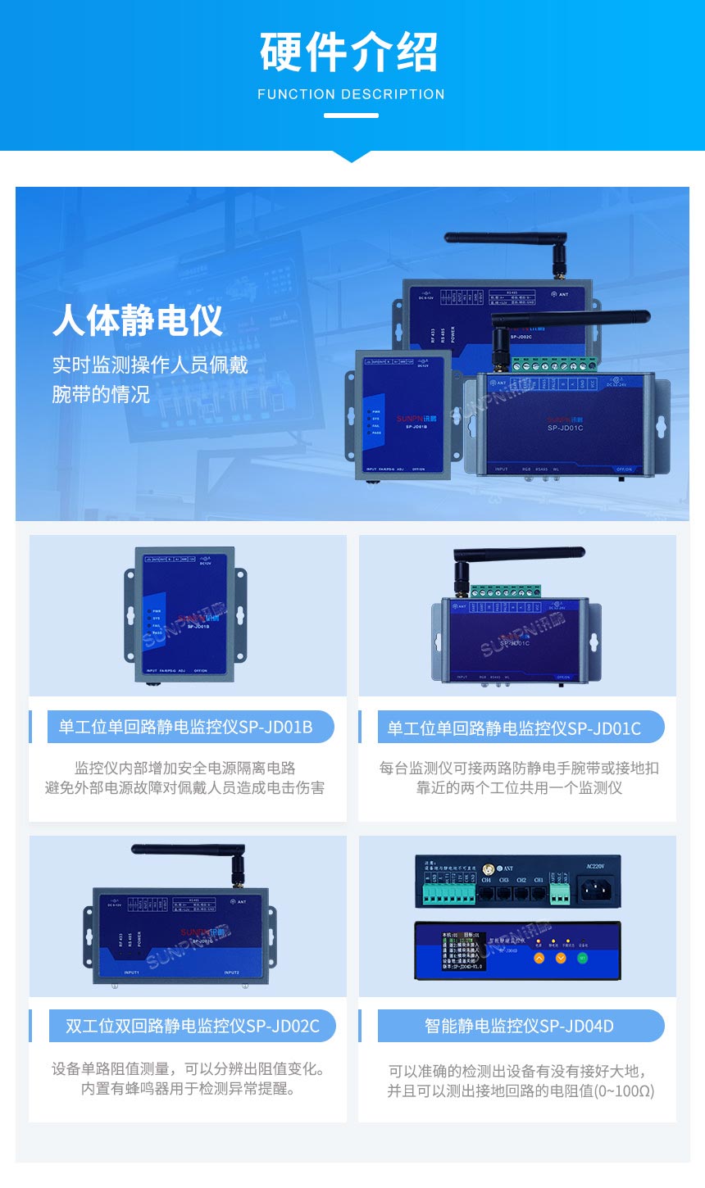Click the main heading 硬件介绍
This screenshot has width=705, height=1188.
tap(350, 52)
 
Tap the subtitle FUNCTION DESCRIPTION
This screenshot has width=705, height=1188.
tap(351, 94)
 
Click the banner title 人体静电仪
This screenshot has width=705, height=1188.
tap(138, 320)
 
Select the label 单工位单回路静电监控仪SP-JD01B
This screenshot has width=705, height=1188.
tap(185, 727)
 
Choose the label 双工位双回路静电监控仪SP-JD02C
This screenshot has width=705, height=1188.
tap(193, 1026)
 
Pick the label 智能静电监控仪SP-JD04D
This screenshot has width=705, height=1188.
tap(519, 1026)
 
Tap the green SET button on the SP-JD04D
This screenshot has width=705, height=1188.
tap(583, 957)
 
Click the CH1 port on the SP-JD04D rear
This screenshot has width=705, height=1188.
tap(539, 893)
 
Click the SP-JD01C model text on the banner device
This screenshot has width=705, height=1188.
tap(565, 428)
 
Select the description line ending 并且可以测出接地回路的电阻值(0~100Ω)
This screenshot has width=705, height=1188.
tap(521, 1091)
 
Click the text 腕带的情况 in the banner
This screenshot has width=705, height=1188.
tap(101, 394)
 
